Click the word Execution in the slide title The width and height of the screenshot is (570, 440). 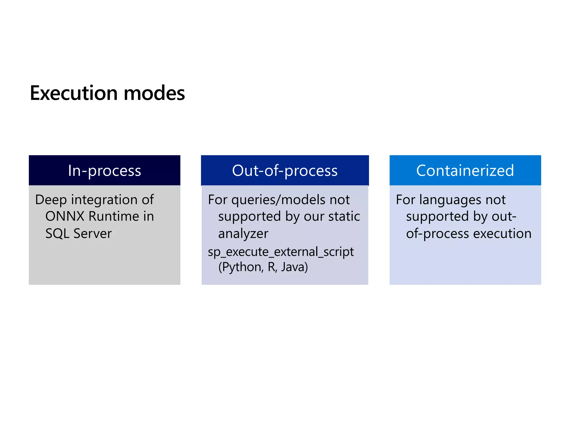[74, 93]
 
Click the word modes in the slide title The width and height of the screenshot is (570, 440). [154, 93]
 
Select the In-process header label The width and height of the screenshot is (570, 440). [104, 170]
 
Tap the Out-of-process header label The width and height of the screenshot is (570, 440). [285, 170]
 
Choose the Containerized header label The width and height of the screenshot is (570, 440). [465, 170]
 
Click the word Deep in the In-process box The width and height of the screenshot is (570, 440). [51, 200]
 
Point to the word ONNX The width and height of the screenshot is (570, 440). [65, 216]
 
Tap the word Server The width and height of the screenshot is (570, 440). [92, 233]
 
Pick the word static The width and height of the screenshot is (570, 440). [344, 216]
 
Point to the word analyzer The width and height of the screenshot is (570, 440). [243, 233]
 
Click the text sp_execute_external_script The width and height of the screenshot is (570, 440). [281, 252]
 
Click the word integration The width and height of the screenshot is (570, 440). [101, 200]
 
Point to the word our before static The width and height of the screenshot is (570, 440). [314, 216]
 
